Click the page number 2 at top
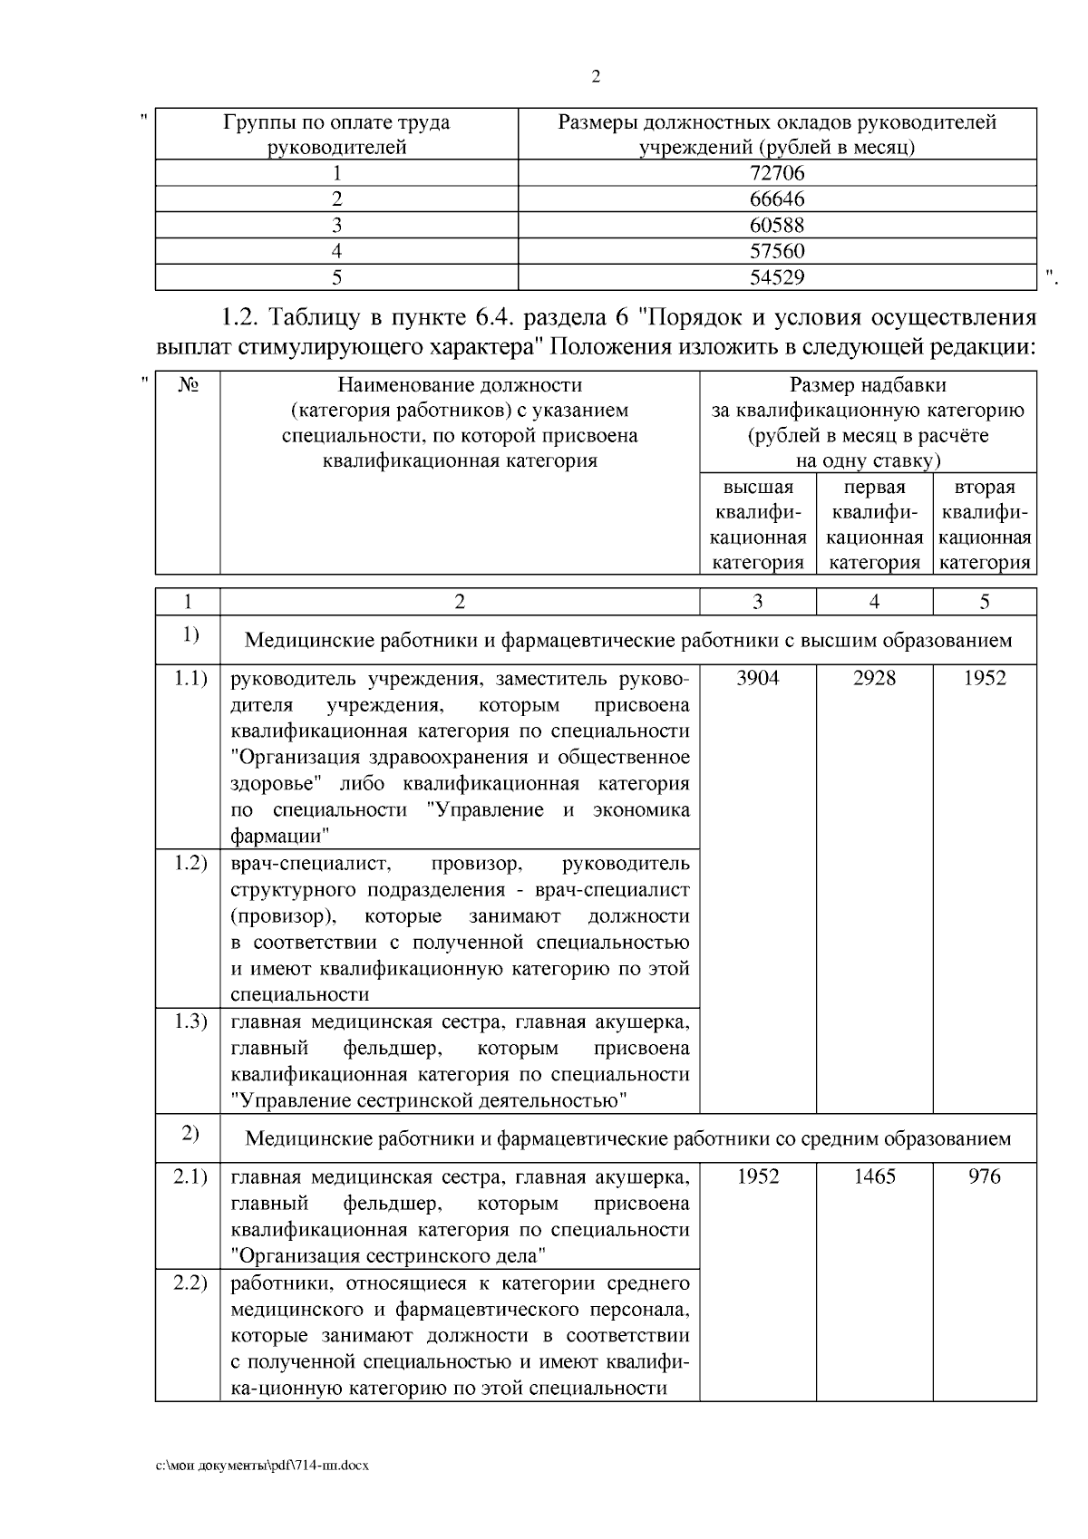596,77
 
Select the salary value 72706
777,173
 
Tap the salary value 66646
777,199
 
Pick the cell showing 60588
777,226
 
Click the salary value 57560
777,251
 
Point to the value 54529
777,277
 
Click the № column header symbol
188,385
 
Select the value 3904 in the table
757,679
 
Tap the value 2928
874,679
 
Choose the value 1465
874,1176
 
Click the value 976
985,1176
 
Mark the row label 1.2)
190,862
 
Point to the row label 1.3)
190,1021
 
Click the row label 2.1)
190,1176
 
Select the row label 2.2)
190,1282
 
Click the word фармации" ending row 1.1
279,835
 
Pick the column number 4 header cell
874,602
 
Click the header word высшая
757,488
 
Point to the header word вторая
985,488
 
